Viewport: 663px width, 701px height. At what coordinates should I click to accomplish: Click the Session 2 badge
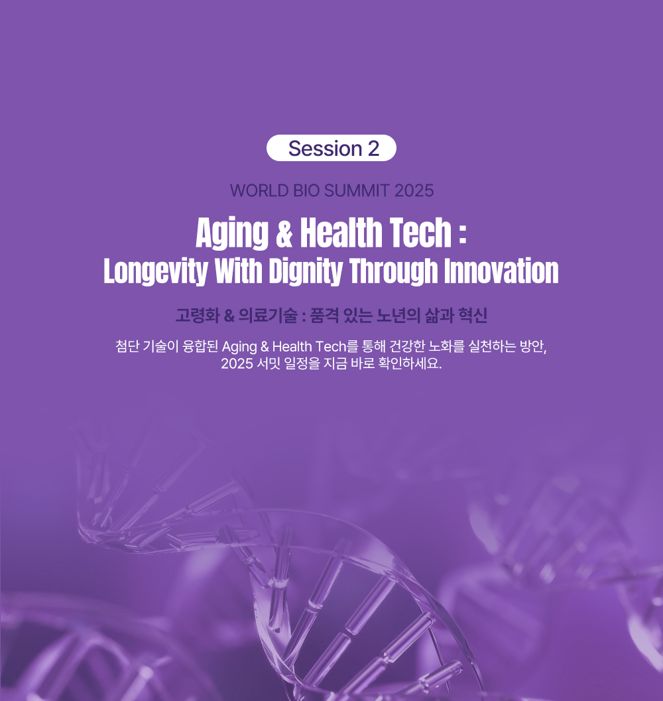tap(331, 148)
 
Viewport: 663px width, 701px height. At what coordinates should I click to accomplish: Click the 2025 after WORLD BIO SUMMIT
tap(414, 191)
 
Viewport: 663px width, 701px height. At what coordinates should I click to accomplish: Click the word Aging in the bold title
tap(232, 233)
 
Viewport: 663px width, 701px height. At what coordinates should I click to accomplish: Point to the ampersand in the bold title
tap(284, 233)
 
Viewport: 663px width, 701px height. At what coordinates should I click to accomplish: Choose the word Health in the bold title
tap(339, 232)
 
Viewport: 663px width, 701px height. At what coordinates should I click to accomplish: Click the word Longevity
tap(156, 271)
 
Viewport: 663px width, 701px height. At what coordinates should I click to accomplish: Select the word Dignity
tap(306, 271)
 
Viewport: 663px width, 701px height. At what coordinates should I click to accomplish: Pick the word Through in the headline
tap(393, 271)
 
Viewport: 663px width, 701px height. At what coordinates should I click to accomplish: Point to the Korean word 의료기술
tap(268, 316)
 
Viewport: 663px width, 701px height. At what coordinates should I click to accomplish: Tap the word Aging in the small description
tap(239, 347)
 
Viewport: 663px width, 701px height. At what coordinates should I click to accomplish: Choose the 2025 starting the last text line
tap(237, 363)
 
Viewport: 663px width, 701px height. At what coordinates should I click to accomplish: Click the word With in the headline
tap(238, 271)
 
